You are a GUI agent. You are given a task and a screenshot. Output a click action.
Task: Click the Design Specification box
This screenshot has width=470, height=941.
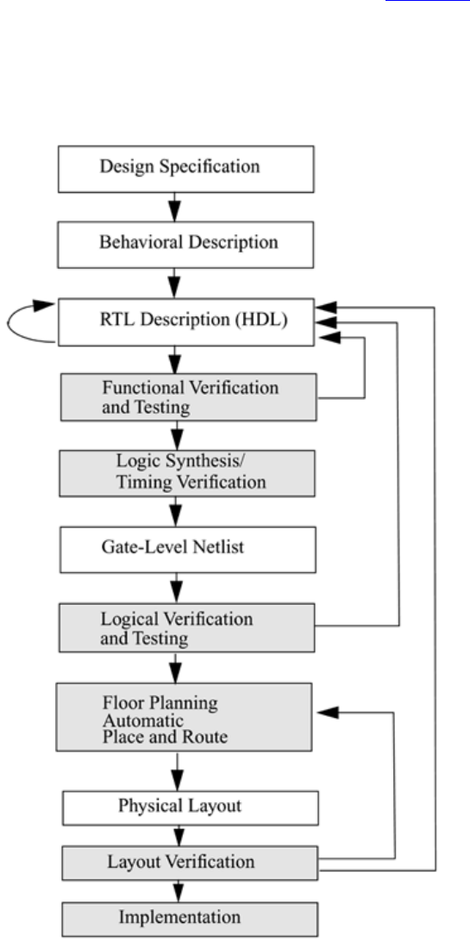[185, 169]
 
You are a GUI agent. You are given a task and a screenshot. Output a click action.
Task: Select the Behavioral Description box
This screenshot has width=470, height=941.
[185, 244]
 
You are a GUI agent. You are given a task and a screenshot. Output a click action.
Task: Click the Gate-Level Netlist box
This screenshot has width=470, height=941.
[187, 549]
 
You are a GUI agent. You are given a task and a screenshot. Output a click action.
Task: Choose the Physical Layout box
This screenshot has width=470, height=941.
[191, 807]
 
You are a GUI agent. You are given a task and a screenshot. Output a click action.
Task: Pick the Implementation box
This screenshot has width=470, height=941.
[190, 919]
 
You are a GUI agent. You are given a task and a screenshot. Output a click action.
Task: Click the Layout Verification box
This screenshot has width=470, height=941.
[190, 863]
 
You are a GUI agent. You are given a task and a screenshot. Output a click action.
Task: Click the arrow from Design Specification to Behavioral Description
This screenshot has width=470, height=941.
[174, 207]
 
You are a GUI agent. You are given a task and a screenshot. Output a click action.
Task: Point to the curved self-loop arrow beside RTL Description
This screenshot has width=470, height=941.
[9, 324]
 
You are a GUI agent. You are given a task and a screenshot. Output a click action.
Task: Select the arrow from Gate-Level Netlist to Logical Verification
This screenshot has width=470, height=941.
[176, 588]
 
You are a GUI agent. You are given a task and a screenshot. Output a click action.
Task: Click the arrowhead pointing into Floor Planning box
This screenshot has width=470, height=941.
[329, 713]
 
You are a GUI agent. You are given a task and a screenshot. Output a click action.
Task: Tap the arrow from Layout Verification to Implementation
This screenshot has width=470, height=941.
[178, 891]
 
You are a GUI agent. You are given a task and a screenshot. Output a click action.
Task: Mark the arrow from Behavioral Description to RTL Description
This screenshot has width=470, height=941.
[174, 284]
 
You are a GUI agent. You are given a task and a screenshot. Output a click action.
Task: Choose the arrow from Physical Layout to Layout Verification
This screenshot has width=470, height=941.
[179, 835]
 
